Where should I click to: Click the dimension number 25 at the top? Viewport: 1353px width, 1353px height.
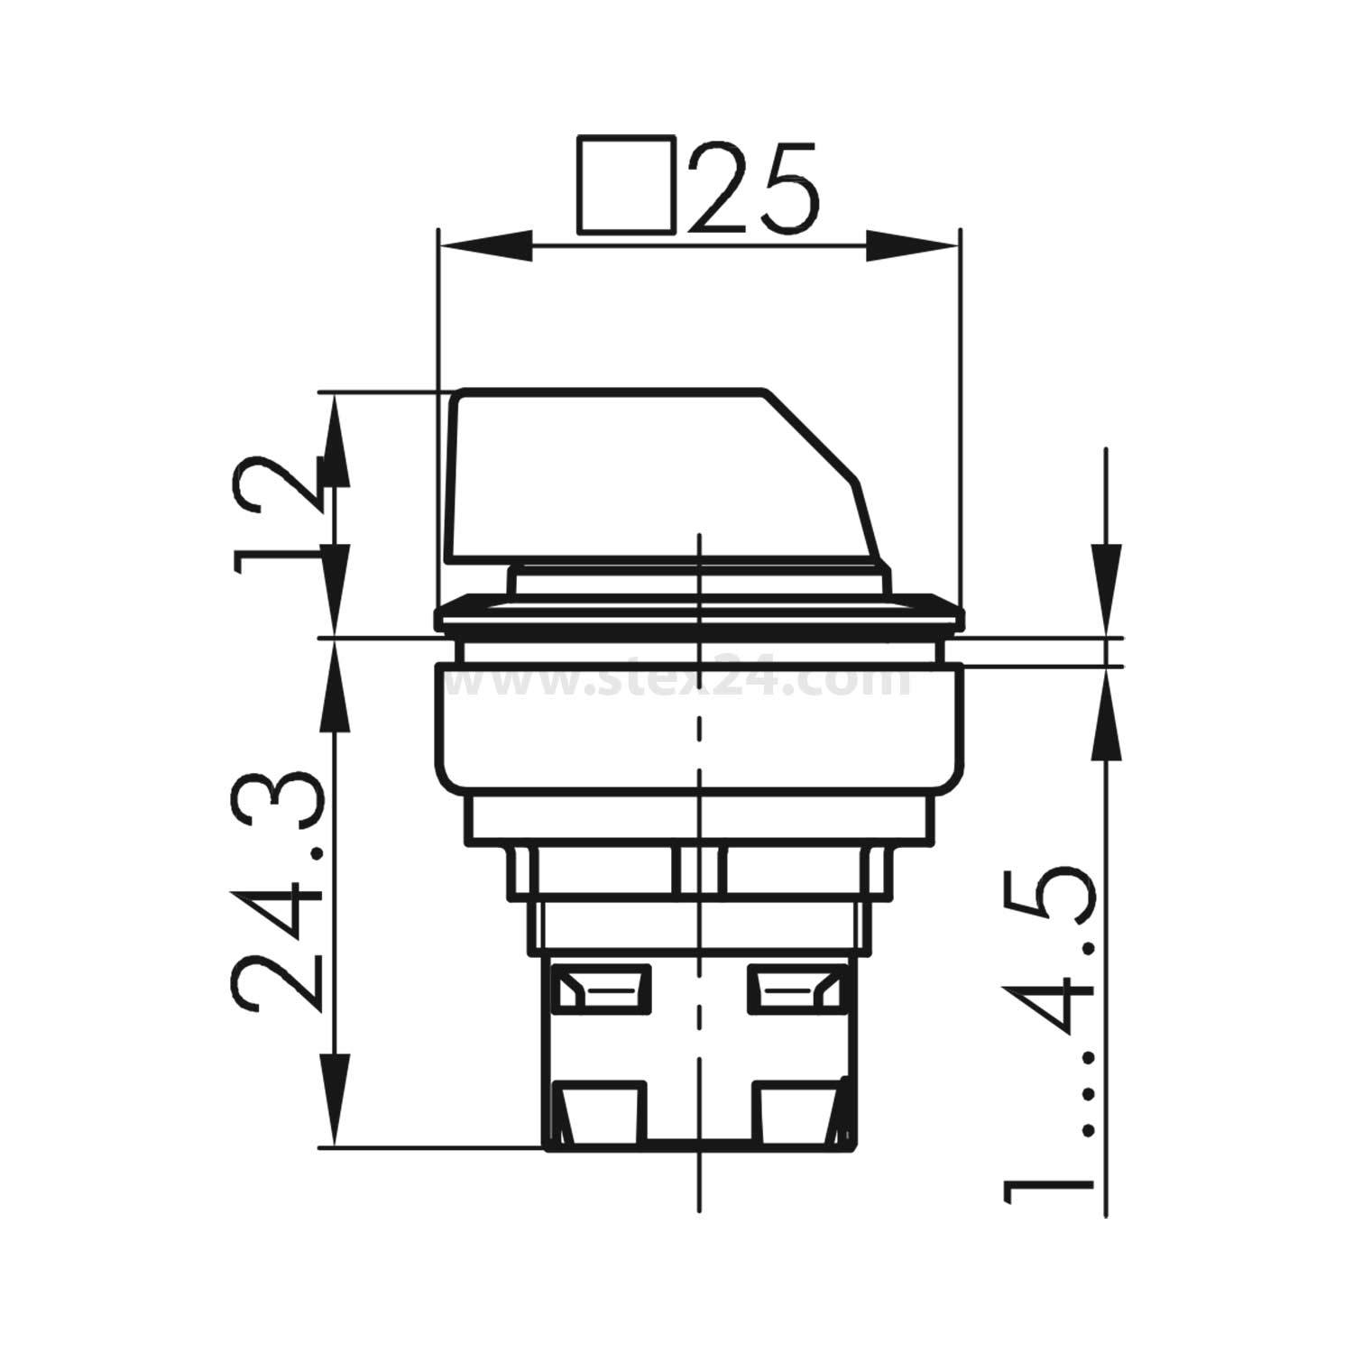click(756, 187)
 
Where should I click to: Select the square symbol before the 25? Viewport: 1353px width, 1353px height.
click(626, 187)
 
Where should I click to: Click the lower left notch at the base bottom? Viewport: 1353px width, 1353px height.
click(599, 1111)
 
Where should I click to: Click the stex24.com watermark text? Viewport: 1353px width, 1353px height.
click(686, 681)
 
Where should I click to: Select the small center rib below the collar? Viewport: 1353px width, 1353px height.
click(700, 873)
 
